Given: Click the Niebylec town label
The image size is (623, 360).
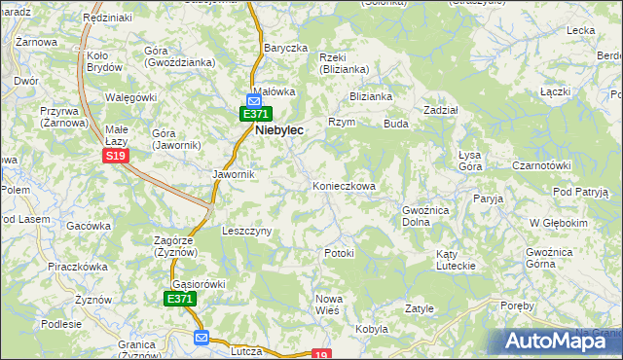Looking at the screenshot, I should (293, 128).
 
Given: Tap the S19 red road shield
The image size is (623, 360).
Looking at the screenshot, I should (116, 156).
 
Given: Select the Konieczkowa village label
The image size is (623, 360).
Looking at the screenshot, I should (344, 185).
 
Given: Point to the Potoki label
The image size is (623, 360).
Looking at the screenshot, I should (339, 253).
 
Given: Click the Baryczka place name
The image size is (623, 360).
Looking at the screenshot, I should (285, 48).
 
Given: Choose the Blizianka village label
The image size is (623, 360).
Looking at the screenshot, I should (371, 96).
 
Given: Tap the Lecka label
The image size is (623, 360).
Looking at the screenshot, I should (581, 30).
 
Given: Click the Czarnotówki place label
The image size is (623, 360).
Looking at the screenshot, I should (540, 165).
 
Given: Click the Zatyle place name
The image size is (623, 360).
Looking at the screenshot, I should (419, 308).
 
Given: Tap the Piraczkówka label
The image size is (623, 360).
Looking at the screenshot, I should (78, 265).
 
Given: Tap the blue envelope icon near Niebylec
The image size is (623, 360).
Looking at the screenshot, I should (254, 99).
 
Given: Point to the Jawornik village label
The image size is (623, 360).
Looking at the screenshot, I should (234, 174).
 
